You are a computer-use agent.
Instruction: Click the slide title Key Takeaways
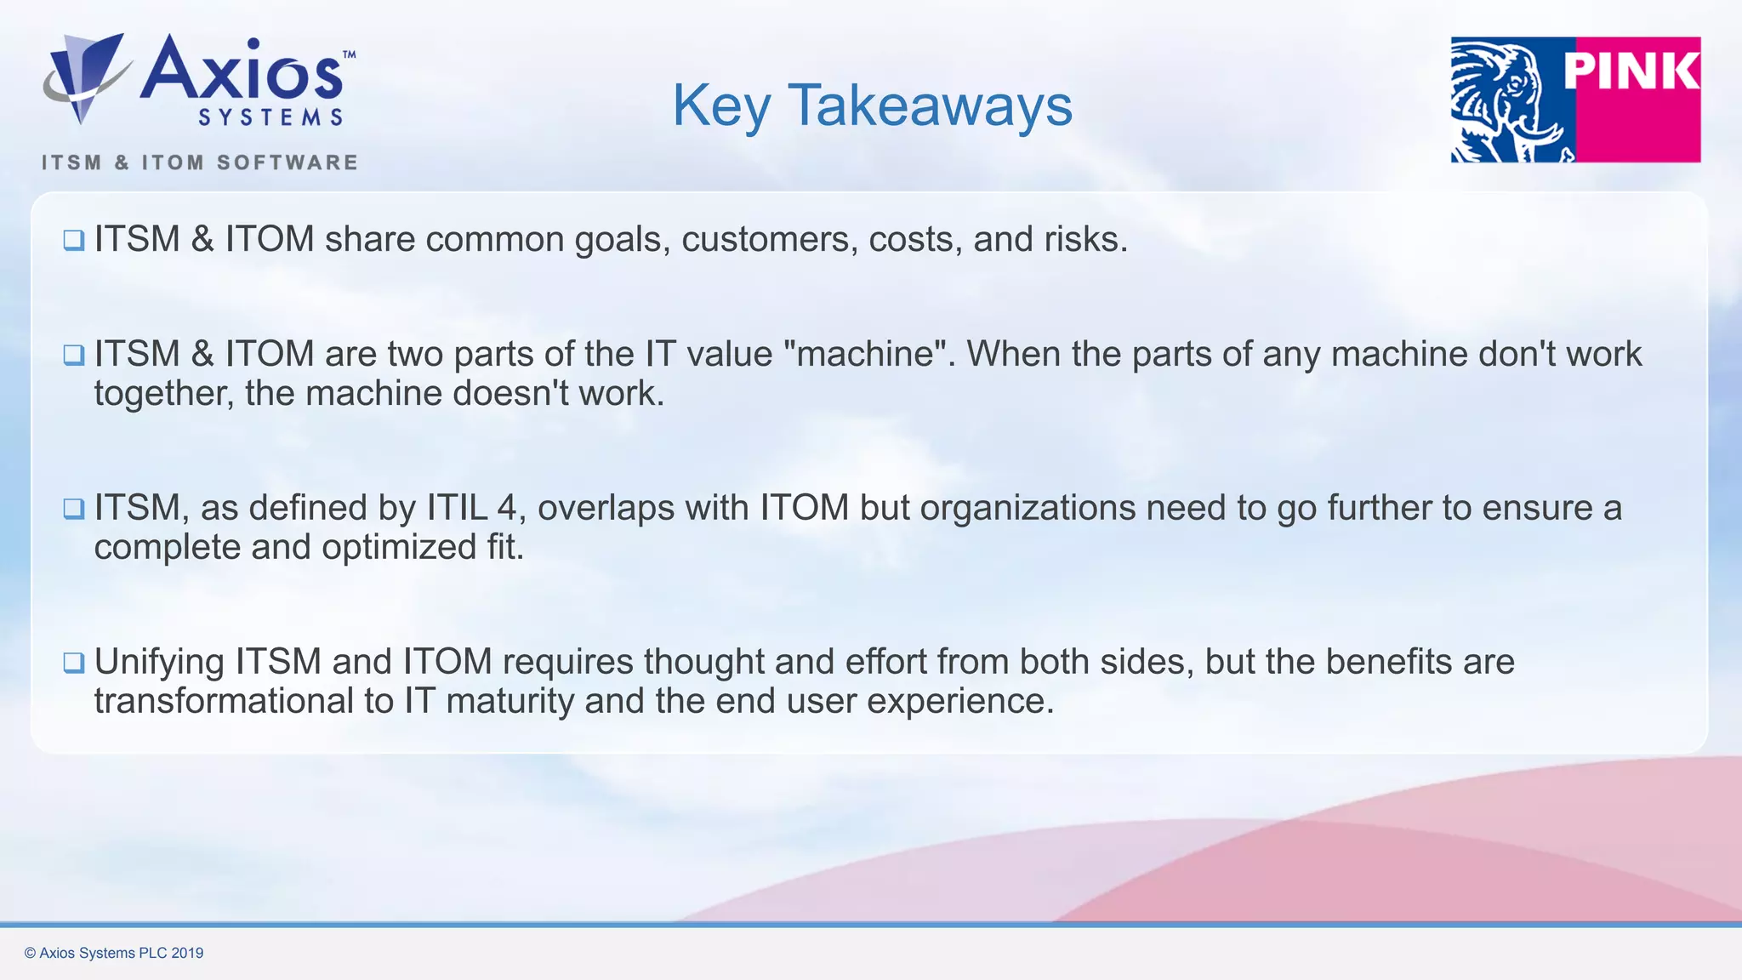tap(872, 105)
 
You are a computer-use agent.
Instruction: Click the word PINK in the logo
tap(1631, 71)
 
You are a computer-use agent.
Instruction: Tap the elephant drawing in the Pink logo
tap(1510, 100)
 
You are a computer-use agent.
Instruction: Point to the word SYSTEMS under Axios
tap(270, 117)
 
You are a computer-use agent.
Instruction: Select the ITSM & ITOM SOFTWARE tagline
tap(200, 162)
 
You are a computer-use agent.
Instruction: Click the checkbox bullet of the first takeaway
tap(74, 241)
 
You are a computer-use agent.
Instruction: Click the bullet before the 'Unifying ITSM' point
tap(74, 663)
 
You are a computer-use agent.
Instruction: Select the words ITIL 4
tap(471, 508)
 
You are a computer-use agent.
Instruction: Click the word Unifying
tap(159, 663)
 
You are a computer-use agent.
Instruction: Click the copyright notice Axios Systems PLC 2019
tap(114, 953)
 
